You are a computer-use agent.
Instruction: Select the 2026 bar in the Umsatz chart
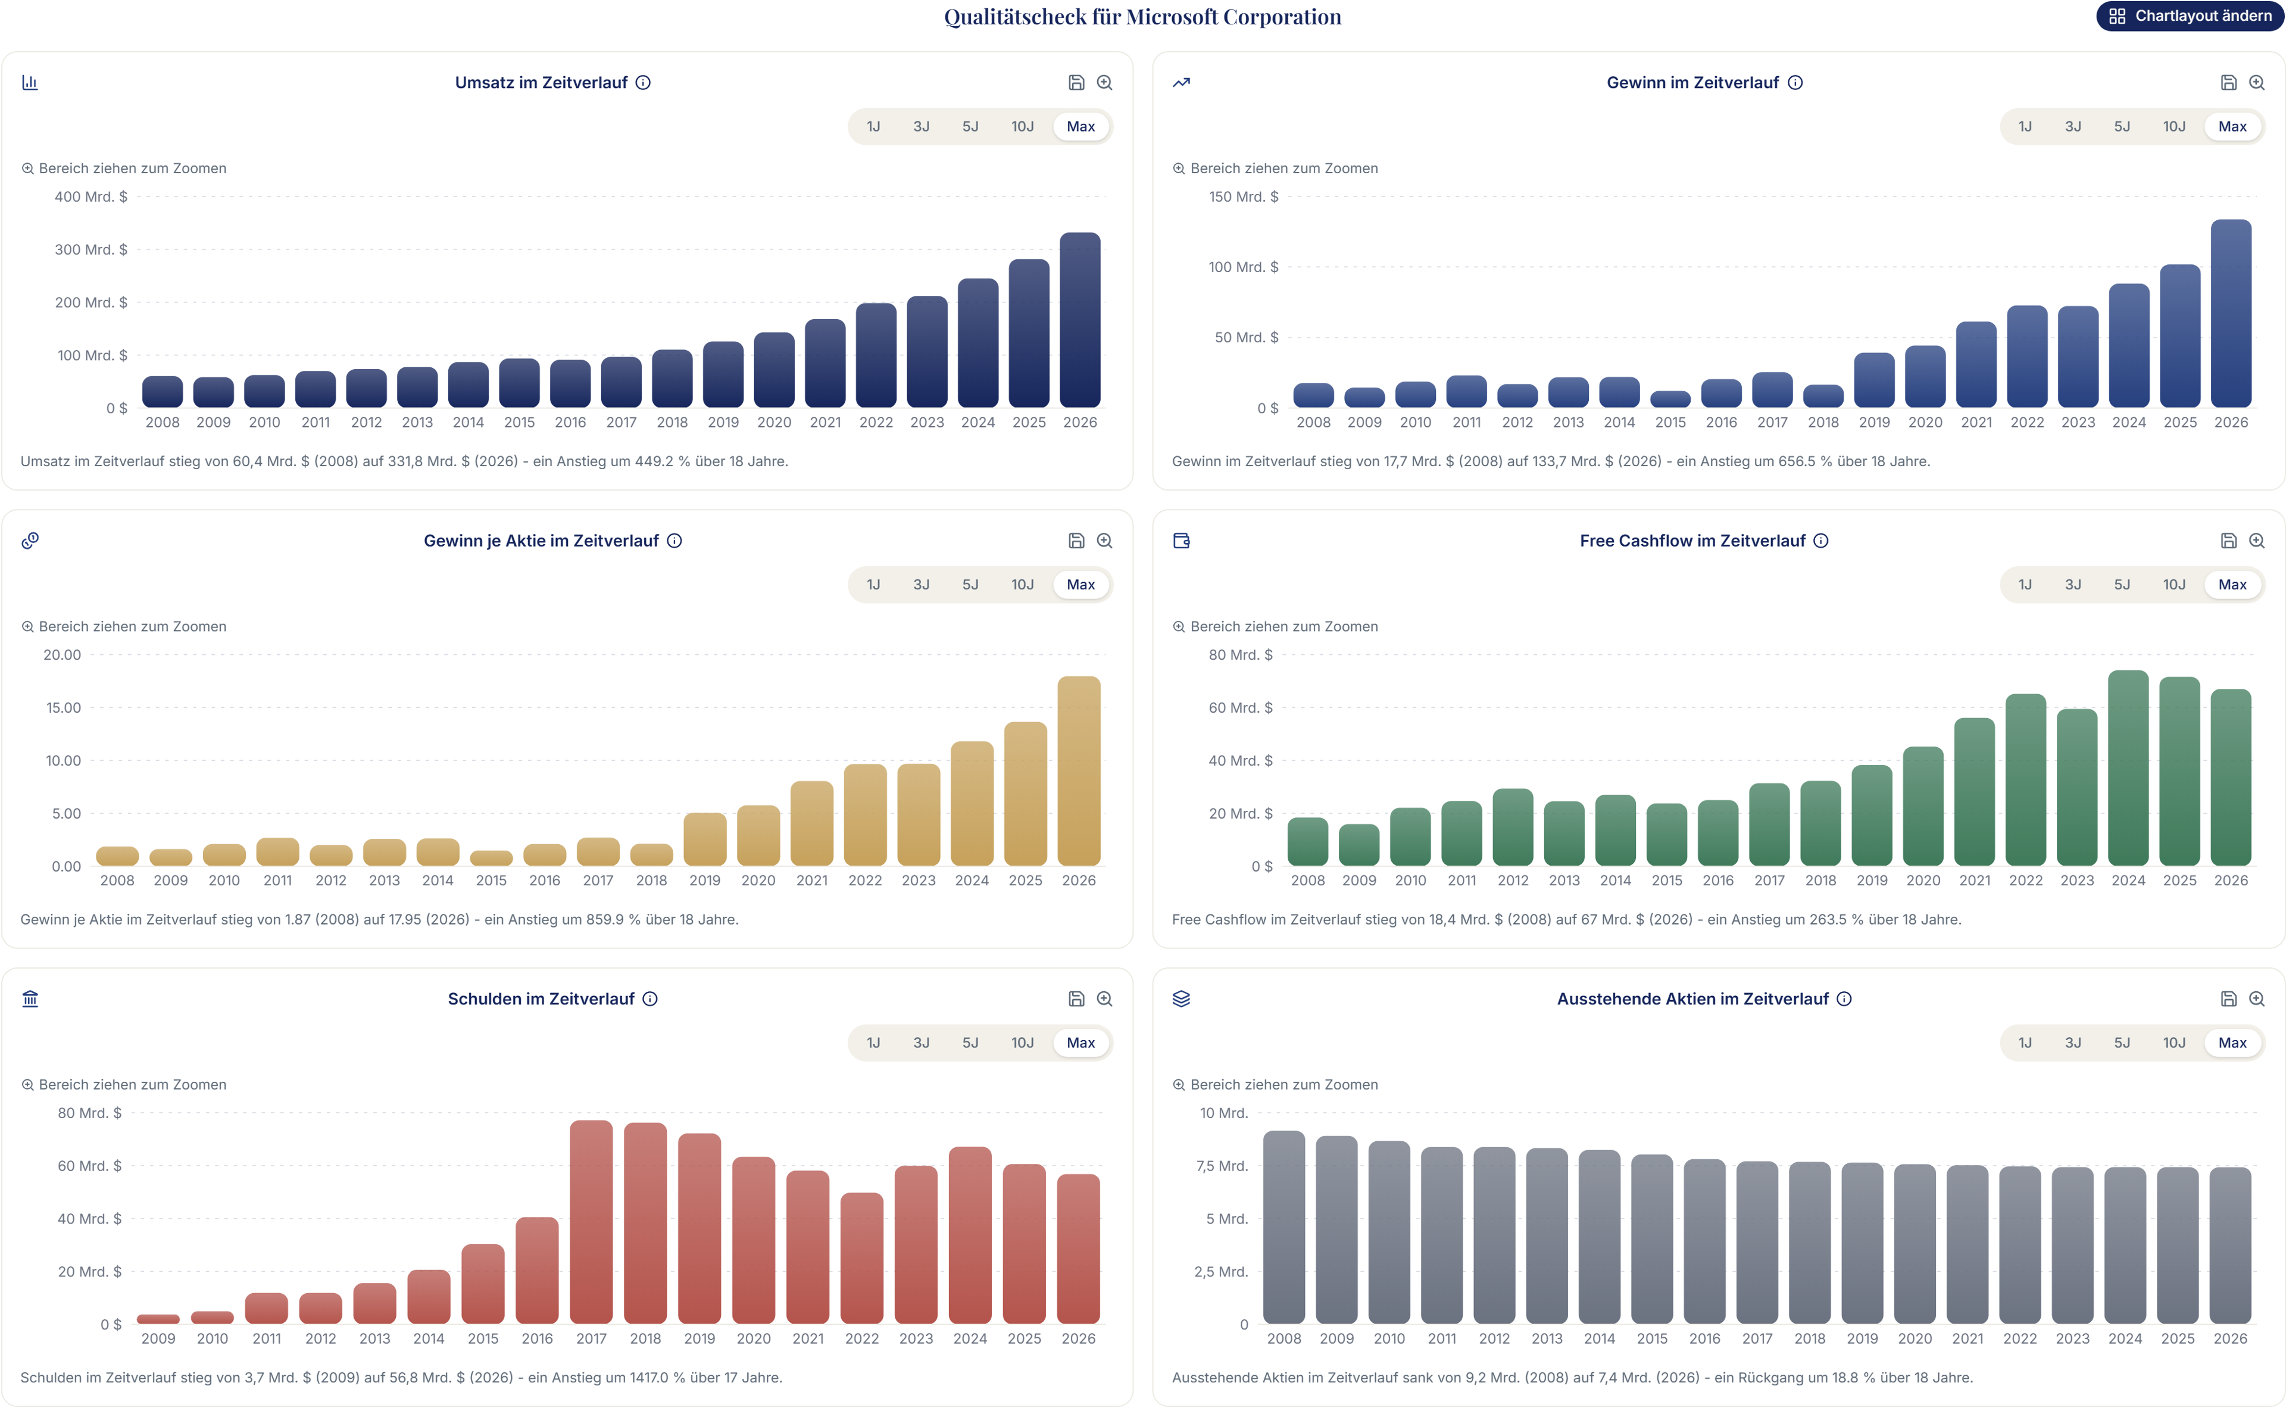1079,320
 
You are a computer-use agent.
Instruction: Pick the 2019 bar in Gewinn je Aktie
704,839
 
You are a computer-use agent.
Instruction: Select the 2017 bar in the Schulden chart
591,1222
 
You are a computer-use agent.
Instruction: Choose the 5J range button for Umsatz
970,127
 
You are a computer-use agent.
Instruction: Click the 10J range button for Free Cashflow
2173,585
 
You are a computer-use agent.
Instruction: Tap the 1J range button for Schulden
873,1043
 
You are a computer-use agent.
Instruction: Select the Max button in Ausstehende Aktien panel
2232,1043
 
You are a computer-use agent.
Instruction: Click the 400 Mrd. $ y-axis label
90,196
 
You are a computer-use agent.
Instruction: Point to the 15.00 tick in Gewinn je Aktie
63,708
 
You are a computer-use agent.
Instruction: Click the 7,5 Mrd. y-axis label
1222,1166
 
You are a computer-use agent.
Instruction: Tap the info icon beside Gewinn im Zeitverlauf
1795,83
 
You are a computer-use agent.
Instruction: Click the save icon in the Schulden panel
1076,999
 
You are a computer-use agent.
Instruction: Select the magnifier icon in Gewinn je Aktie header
1104,541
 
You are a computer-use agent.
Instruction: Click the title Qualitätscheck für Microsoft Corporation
1142,17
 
